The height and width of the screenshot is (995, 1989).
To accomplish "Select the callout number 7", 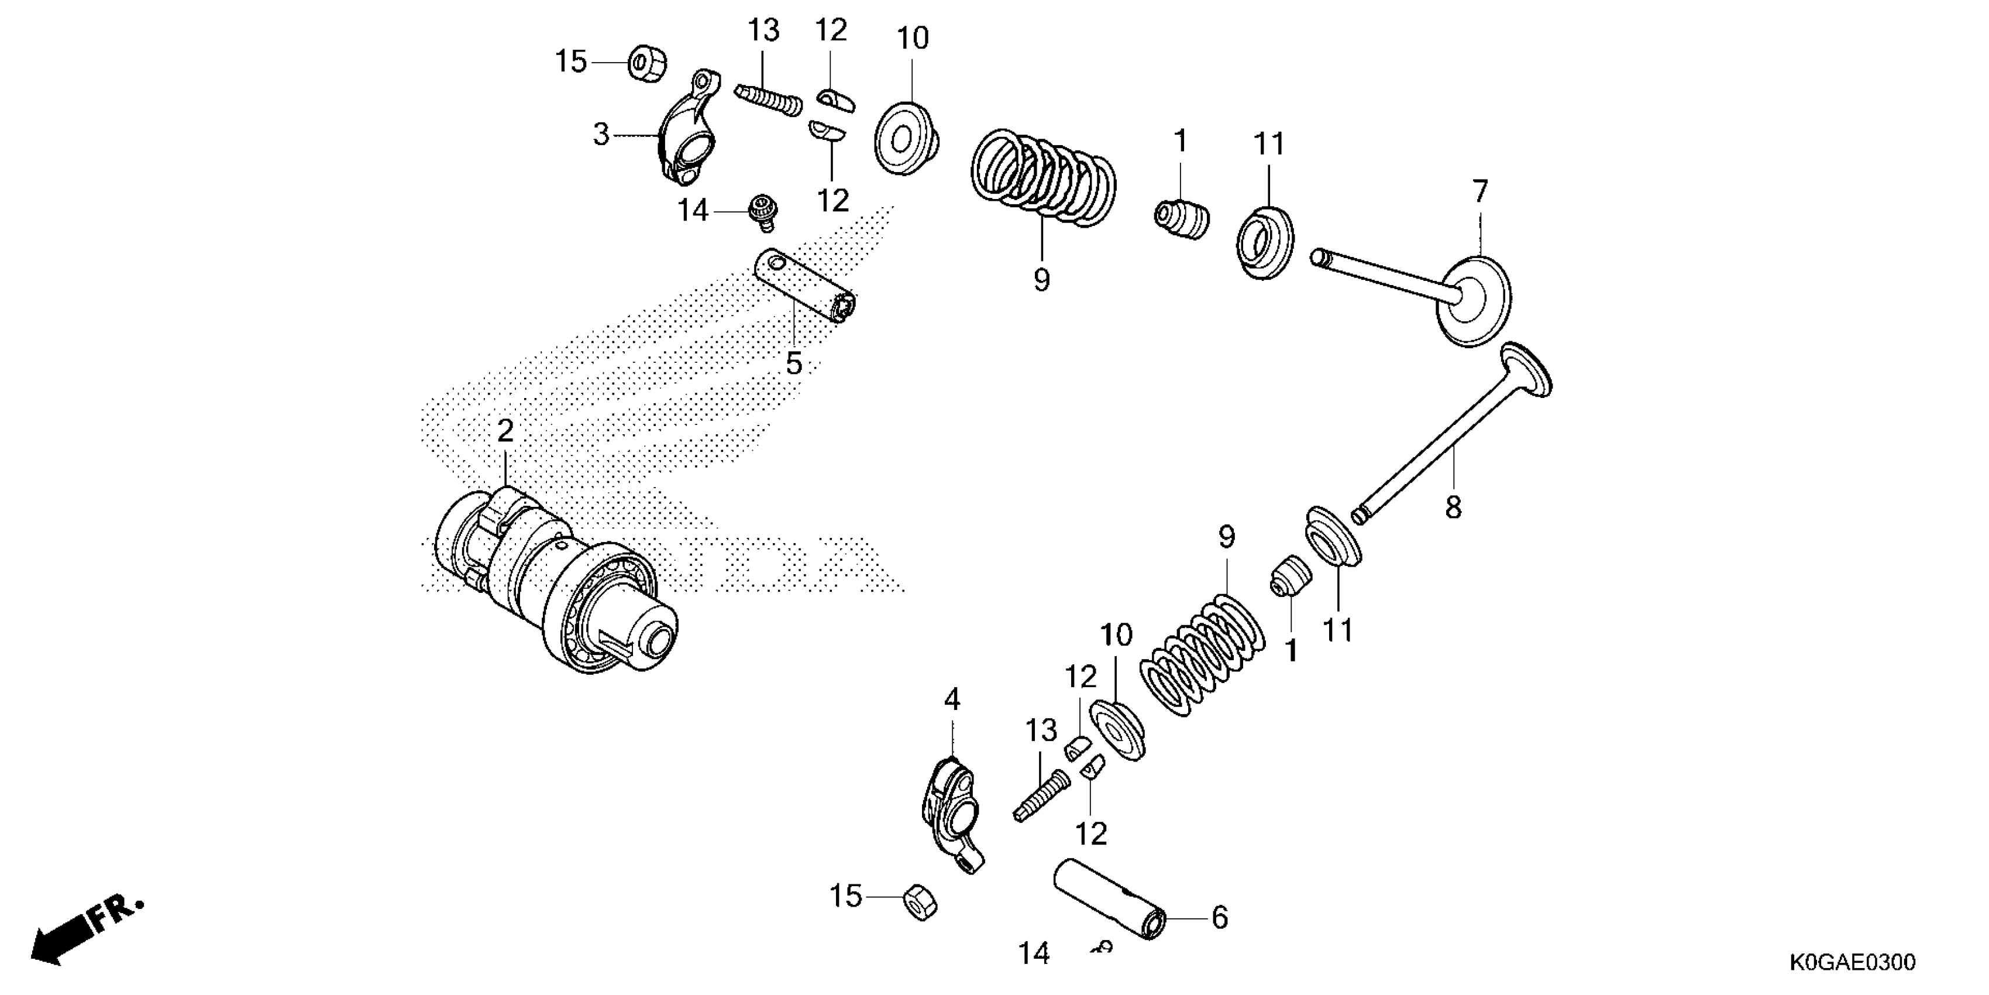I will (1479, 191).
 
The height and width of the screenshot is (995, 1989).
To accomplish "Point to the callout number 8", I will (1453, 507).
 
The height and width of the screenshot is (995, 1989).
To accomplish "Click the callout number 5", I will (794, 363).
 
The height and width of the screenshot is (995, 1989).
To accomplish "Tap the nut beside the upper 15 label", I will (648, 63).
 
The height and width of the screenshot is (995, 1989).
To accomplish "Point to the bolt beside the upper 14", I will (763, 212).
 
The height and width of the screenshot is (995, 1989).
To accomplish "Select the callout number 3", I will (601, 135).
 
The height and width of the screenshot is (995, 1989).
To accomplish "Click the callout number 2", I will (505, 431).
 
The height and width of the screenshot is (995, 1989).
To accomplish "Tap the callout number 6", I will (1219, 918).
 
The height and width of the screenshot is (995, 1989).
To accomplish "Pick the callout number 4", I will (952, 700).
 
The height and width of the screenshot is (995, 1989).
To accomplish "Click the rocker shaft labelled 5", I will (804, 287).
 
